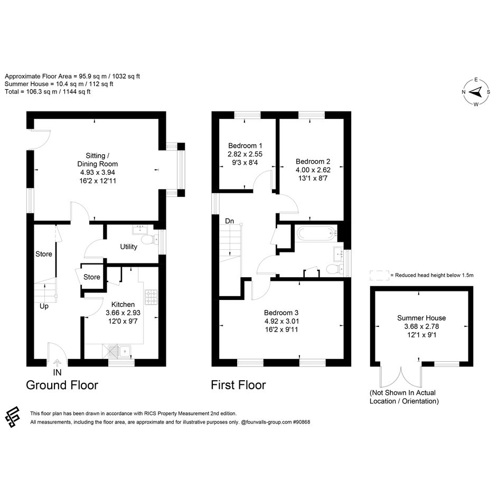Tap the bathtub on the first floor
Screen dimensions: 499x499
coord(317,233)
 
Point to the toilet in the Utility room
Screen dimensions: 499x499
coord(149,240)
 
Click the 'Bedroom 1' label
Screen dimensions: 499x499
coord(245,146)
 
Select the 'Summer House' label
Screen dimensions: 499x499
coord(421,318)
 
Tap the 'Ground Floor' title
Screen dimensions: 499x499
coord(62,385)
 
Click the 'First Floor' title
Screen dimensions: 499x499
coord(238,385)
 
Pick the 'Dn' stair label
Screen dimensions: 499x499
coord(230,221)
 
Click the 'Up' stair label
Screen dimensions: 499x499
coord(44,306)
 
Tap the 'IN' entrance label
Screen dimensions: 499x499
coord(57,372)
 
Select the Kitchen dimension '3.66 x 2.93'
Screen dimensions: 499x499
coord(123,313)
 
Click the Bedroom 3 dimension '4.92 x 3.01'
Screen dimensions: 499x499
coord(281,321)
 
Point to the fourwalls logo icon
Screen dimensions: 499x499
coord(13,417)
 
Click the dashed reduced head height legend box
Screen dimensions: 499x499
coord(379,275)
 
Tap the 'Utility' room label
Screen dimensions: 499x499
coord(128,247)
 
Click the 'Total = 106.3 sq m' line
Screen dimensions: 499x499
coord(48,92)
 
